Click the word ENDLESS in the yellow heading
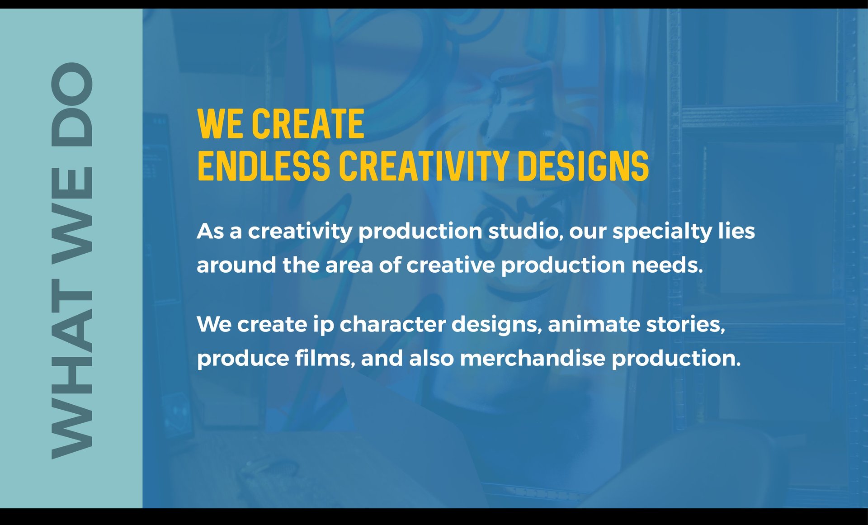tap(264, 166)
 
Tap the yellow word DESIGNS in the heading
tap(583, 166)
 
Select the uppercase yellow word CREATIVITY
tap(424, 166)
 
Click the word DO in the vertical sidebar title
tap(72, 104)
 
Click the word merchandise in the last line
tap(533, 359)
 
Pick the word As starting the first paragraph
tap(210, 232)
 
